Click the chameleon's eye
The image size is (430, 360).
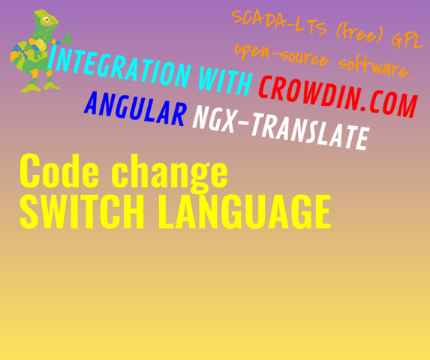47,19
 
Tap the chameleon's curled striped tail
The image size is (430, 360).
20,56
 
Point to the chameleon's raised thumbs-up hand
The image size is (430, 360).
67,37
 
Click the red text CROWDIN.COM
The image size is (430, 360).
338,96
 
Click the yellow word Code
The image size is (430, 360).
59,171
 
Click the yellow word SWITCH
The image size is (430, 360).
82,211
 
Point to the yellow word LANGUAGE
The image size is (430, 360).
245,211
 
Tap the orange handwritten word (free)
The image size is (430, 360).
359,34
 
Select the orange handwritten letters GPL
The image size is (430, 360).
407,41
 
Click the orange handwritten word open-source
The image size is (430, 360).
281,55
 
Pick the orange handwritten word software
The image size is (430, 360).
374,67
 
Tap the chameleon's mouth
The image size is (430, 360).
51,25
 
